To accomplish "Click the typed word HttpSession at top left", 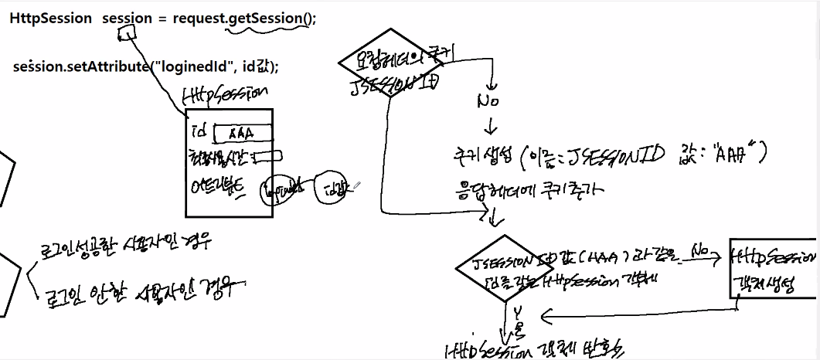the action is click(x=50, y=19).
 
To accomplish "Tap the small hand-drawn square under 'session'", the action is click(x=128, y=33).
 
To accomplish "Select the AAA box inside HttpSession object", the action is click(x=242, y=134).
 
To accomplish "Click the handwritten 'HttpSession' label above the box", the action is click(x=224, y=95).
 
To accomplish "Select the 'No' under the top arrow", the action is click(x=488, y=101).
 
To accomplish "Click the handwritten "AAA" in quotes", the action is click(x=730, y=156).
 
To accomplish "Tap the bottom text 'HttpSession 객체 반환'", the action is click(x=533, y=348).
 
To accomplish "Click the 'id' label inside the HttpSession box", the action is click(x=199, y=131).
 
